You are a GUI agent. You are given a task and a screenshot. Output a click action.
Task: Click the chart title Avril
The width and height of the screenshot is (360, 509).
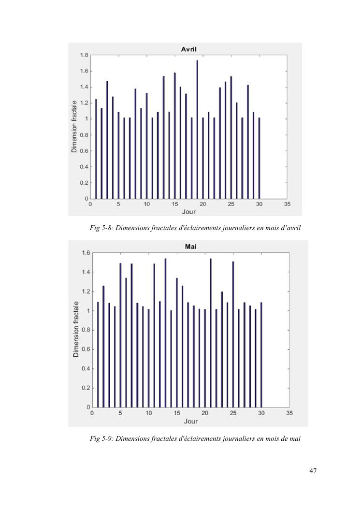coord(188,49)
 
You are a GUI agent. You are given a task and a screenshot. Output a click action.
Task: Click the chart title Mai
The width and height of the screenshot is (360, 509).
coord(190,247)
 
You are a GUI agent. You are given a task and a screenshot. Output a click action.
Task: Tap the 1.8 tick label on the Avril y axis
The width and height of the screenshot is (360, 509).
coord(84,55)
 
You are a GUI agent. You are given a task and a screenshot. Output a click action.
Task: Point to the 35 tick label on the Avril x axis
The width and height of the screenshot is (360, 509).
coord(287,204)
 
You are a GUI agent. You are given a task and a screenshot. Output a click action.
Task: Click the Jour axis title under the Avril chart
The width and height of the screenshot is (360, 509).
coord(188,212)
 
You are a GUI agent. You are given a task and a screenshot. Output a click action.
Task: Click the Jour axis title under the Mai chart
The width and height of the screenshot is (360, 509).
coord(190,421)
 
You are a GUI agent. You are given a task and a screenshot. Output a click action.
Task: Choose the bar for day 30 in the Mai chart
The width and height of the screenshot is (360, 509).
coord(261,355)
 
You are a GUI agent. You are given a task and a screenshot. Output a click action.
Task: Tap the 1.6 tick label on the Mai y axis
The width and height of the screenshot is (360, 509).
coord(86,253)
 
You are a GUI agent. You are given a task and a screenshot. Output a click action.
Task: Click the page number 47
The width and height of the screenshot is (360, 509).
coord(313,471)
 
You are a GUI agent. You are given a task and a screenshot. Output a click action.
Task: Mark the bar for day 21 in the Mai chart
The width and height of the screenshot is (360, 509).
coord(211,333)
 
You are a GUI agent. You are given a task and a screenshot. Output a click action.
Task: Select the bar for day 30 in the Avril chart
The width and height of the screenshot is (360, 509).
coord(259,158)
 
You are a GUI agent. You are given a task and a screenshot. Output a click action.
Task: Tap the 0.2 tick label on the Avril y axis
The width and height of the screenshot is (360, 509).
coord(84,183)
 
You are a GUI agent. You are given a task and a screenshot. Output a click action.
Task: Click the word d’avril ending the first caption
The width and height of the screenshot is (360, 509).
coord(290,228)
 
